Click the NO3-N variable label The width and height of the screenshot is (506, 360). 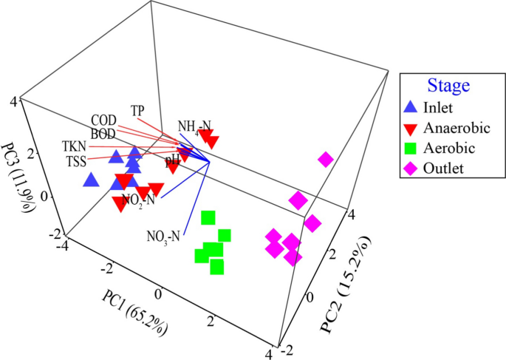(163, 237)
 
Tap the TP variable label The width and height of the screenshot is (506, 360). (137, 110)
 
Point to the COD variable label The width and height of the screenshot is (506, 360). (103, 120)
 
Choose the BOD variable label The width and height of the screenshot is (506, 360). (103, 132)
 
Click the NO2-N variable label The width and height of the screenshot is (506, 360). (138, 199)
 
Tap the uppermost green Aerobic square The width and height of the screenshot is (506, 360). (209, 217)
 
